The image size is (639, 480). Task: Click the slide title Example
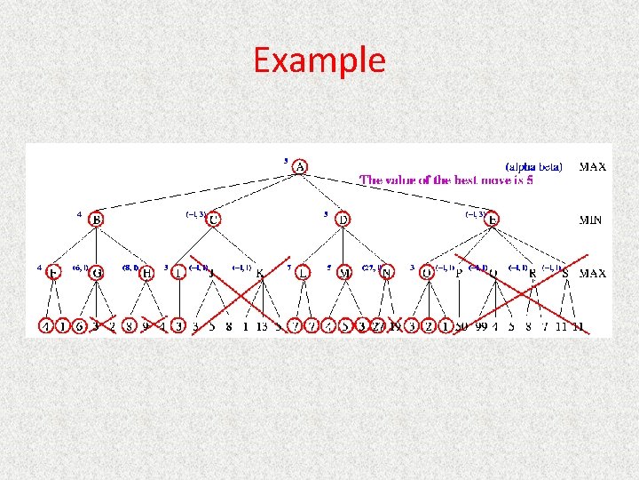tap(319, 60)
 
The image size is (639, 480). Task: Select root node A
tap(300, 166)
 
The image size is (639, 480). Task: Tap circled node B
tap(96, 219)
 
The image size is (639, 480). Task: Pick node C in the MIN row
tap(214, 219)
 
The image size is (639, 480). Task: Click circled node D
tap(343, 219)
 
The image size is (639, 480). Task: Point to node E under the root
tap(493, 219)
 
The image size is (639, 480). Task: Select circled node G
tap(96, 273)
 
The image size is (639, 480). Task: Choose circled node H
tap(147, 273)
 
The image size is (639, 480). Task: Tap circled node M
tap(344, 273)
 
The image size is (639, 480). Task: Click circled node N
tap(386, 273)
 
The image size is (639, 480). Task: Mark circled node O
tap(428, 273)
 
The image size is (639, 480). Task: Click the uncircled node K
tap(260, 274)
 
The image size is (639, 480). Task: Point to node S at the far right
tap(565, 273)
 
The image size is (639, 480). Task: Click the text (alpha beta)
tap(533, 166)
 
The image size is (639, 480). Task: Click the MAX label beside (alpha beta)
tap(593, 166)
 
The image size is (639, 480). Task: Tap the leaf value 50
tap(461, 327)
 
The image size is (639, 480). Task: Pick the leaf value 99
tap(482, 327)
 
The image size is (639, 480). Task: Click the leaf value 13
tap(263, 327)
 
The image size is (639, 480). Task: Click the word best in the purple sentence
tap(466, 180)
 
